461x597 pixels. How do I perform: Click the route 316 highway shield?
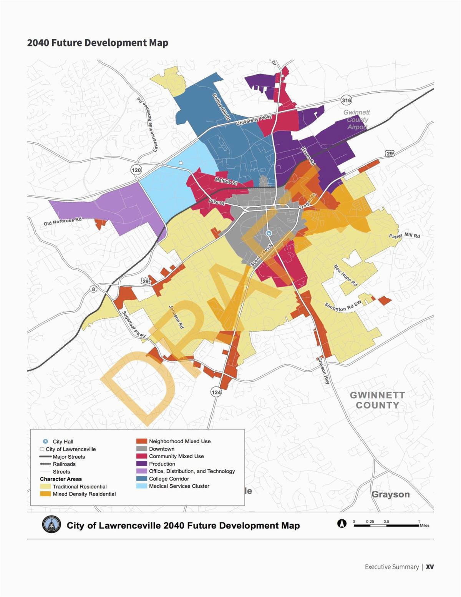click(x=346, y=101)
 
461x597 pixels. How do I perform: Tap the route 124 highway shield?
click(x=216, y=392)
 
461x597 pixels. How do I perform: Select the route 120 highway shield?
click(x=136, y=170)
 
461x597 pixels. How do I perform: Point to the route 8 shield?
click(x=93, y=289)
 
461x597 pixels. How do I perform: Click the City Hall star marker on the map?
click(x=269, y=233)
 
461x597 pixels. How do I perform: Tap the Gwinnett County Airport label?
click(x=357, y=119)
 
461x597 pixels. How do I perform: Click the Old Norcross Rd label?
click(x=63, y=221)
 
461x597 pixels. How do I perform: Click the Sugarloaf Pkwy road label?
click(x=134, y=324)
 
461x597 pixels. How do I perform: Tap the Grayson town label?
click(x=390, y=494)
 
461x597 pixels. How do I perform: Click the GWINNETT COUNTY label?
click(x=377, y=400)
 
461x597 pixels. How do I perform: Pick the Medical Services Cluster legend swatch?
click(x=142, y=486)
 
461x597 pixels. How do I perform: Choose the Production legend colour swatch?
click(x=142, y=464)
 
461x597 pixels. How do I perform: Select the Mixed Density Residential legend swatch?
click(x=45, y=494)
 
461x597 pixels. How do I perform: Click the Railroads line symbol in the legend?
click(x=45, y=464)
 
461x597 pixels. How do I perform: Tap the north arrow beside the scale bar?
click(x=341, y=523)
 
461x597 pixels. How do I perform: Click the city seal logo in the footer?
click(x=51, y=525)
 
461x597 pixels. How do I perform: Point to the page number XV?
click(x=429, y=567)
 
